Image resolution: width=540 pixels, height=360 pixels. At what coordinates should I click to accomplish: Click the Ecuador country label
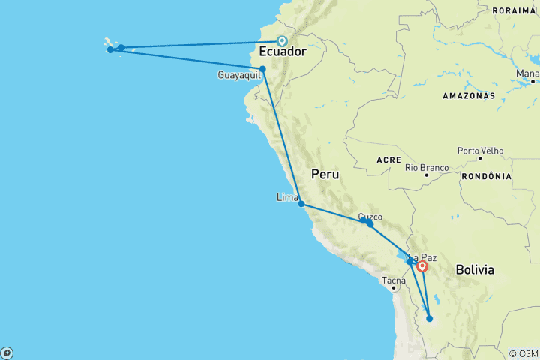pos(282,52)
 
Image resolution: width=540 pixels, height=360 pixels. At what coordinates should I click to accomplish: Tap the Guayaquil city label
pos(238,75)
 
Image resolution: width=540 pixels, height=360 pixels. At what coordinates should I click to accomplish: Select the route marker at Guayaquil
pos(262,69)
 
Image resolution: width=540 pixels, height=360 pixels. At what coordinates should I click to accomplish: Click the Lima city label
pos(287,197)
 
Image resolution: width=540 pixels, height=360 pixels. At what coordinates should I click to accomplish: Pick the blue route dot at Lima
pos(301,203)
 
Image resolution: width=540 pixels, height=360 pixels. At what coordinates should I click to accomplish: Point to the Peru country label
pos(325,174)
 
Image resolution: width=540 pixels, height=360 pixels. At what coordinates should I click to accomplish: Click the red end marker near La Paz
pos(423,265)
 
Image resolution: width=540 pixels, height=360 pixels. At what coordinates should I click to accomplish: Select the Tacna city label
pos(394,280)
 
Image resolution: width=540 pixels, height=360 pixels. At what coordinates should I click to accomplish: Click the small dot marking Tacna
pos(393,287)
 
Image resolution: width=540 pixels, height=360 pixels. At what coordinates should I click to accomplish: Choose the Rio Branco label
pos(426,167)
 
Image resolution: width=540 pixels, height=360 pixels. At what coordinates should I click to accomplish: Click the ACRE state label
pos(389,160)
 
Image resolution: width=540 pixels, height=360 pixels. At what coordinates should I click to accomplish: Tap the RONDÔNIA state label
pos(487,176)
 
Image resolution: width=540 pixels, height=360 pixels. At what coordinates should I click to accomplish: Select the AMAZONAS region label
pos(469,96)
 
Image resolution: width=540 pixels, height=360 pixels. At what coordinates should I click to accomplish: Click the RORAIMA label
pos(514,10)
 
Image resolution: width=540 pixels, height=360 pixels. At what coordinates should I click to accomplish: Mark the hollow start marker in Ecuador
pos(282,41)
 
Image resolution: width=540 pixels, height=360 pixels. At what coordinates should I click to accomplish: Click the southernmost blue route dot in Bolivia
pos(429,318)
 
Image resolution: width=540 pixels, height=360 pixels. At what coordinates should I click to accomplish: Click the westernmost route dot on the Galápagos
pos(110,50)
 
